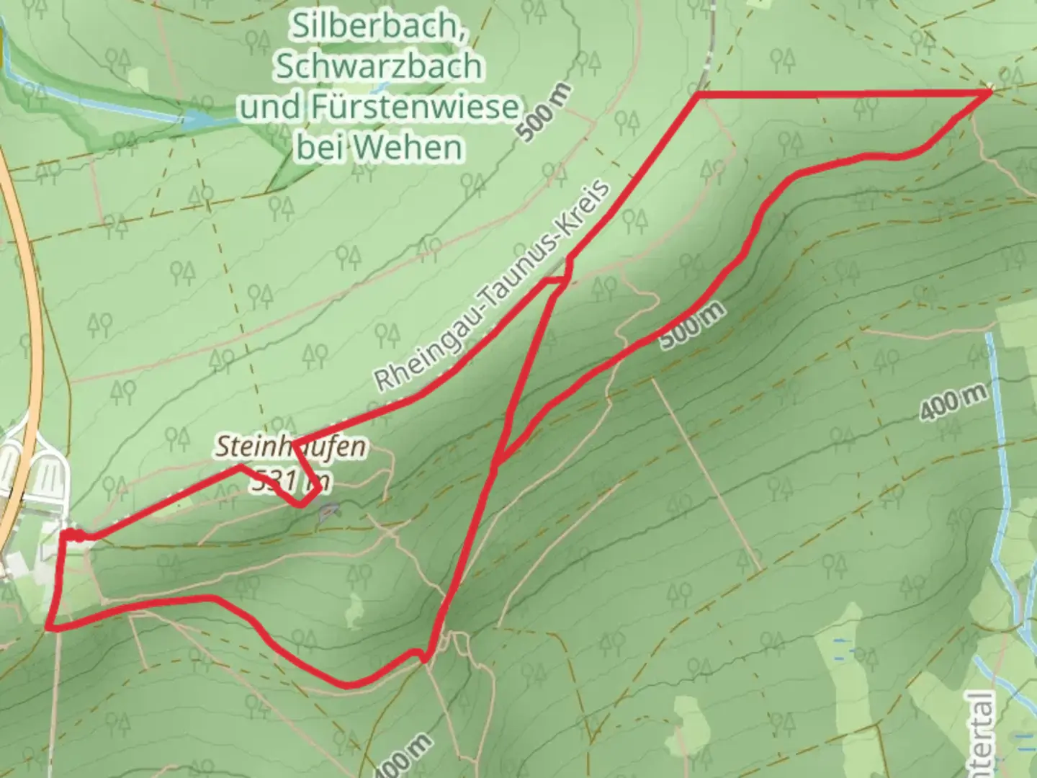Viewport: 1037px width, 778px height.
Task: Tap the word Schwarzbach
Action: click(379, 67)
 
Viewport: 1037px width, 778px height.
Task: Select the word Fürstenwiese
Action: click(416, 108)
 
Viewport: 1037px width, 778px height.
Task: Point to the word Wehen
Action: click(420, 148)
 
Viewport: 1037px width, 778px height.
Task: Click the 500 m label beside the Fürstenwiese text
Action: click(545, 112)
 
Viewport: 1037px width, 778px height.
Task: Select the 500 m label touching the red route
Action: click(691, 326)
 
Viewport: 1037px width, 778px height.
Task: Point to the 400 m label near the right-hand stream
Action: click(952, 404)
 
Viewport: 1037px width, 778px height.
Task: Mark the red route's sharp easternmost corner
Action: click(990, 92)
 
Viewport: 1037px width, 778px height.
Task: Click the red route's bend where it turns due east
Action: click(698, 94)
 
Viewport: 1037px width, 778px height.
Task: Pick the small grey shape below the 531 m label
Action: click(328, 512)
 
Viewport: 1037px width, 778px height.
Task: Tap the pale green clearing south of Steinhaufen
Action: click(354, 611)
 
